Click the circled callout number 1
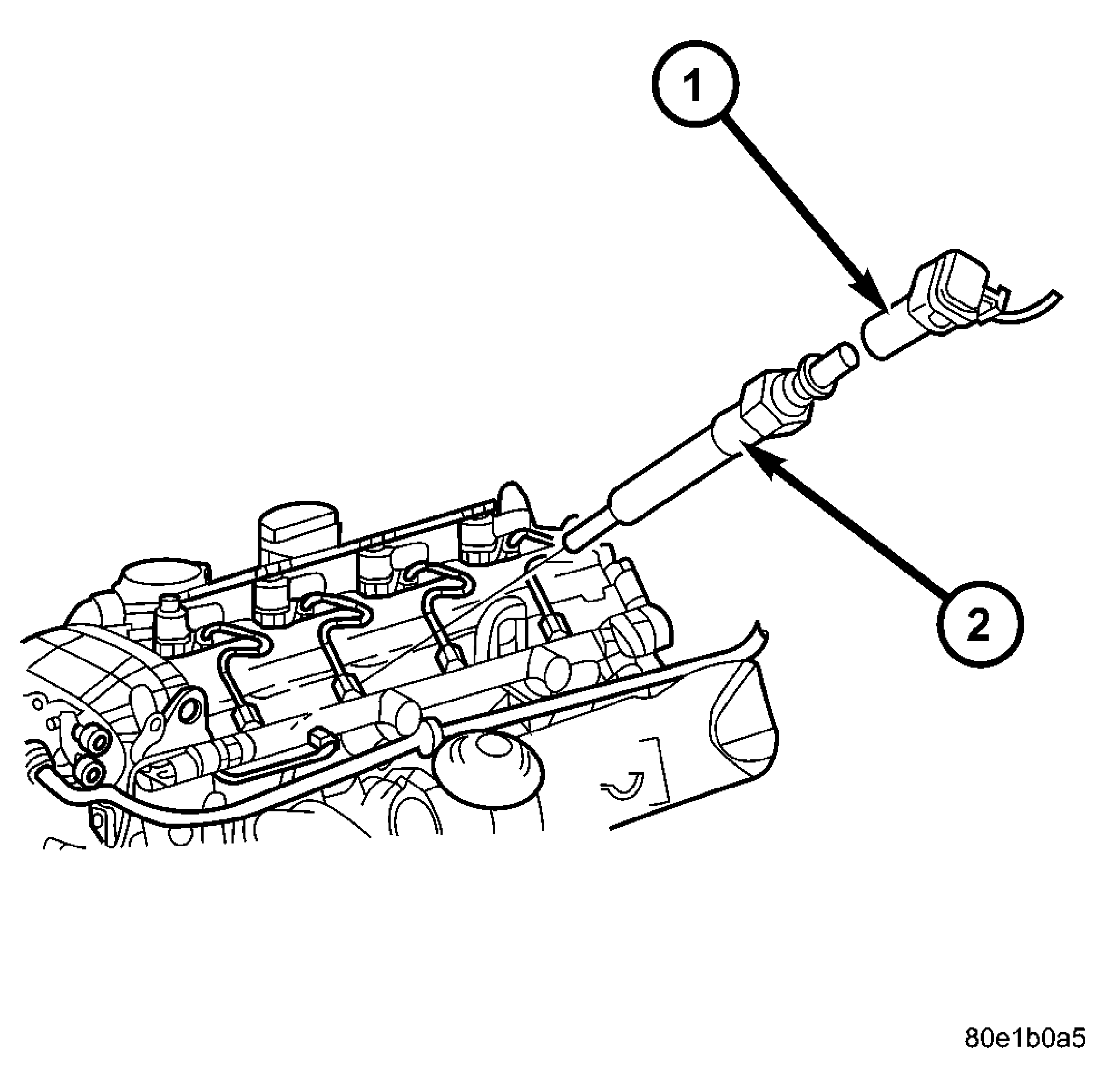[x=695, y=84]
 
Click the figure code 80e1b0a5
[x=1025, y=1038]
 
